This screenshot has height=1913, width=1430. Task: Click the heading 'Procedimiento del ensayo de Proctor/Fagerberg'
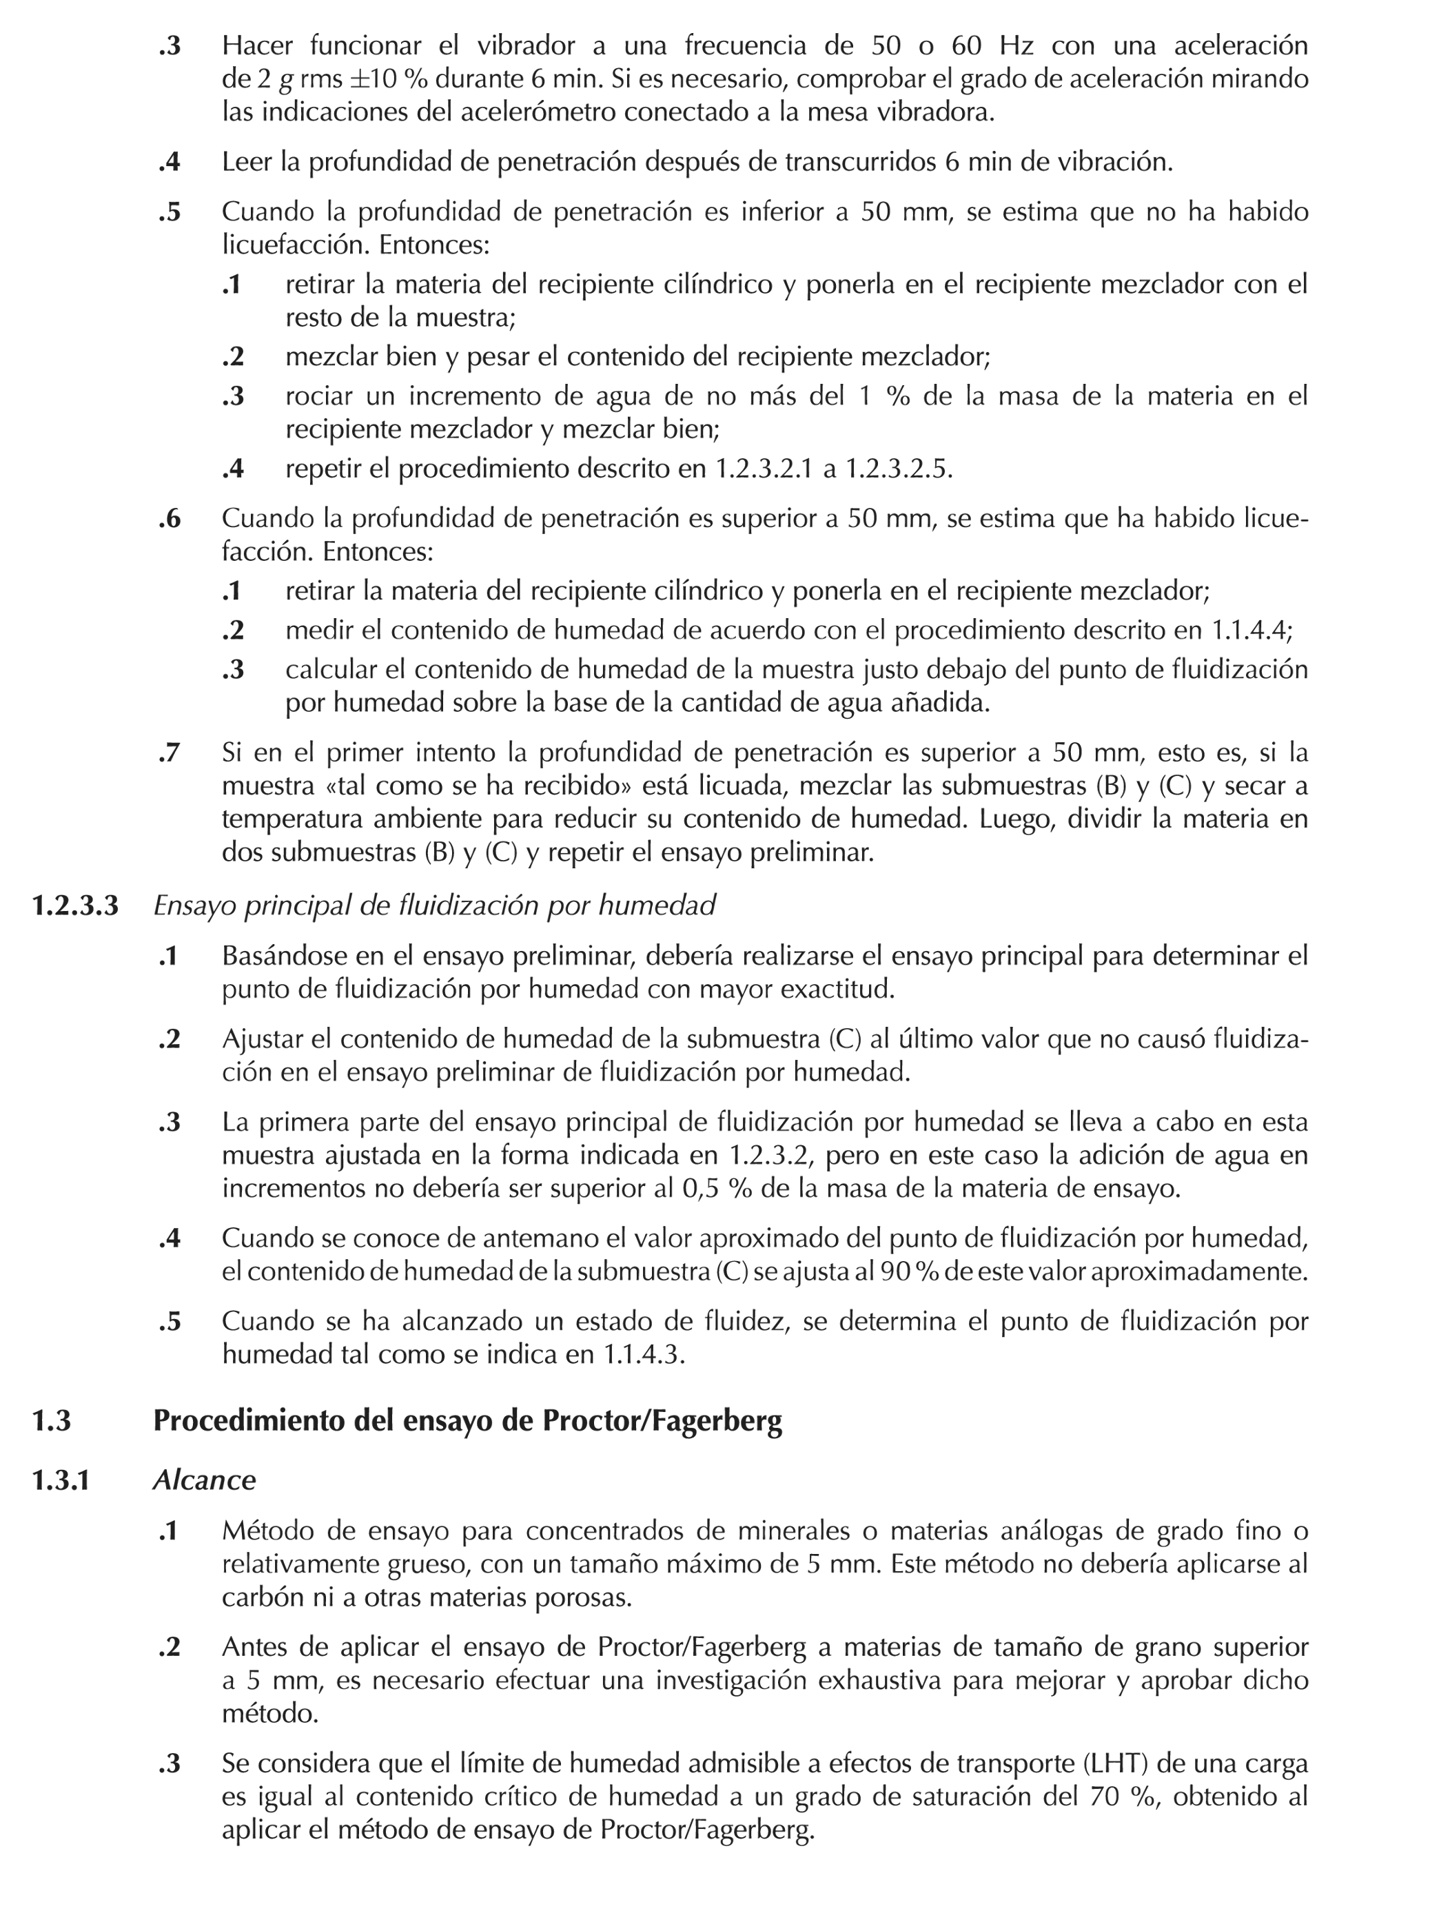point(467,1421)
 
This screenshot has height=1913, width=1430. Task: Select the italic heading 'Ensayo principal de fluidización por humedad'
point(434,906)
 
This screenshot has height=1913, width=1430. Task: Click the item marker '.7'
point(170,753)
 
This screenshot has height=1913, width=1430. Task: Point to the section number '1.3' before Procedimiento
point(51,1421)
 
